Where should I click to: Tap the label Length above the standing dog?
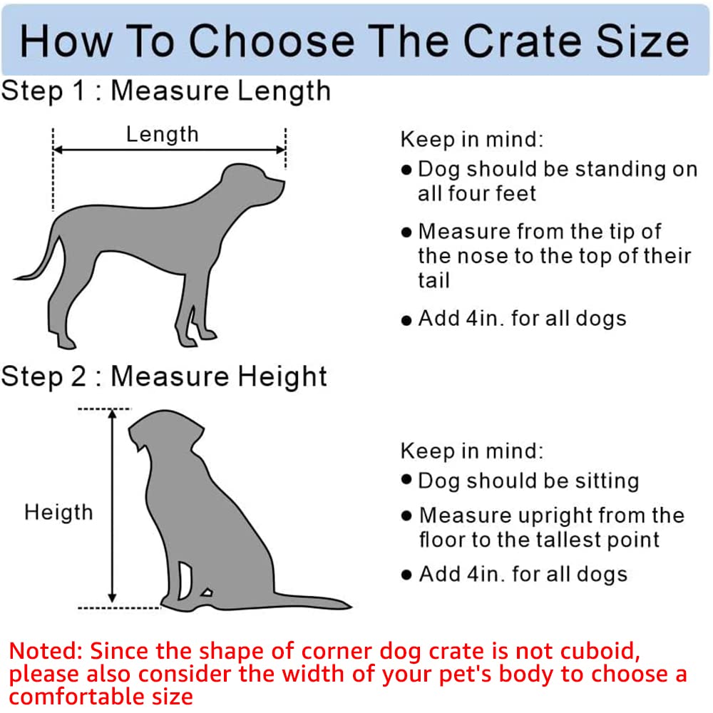click(x=162, y=133)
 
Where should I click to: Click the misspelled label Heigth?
click(x=58, y=512)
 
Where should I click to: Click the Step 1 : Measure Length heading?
click(x=165, y=91)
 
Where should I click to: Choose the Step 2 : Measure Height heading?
click(x=164, y=376)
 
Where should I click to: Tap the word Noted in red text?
click(x=44, y=652)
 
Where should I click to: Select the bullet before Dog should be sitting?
click(x=406, y=480)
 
